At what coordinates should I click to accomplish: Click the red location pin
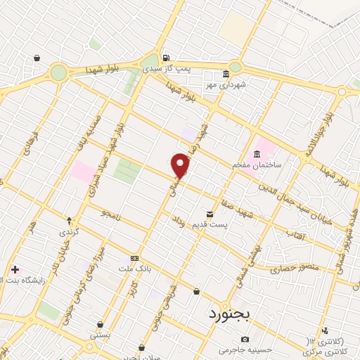click(x=181, y=165)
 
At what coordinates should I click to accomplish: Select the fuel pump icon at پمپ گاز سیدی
click(x=165, y=58)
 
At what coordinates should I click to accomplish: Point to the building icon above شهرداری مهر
click(x=226, y=74)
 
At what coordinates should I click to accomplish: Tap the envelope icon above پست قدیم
click(x=209, y=213)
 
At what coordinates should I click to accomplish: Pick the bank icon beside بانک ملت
click(x=134, y=258)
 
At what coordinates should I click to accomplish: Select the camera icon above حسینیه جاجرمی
click(x=245, y=339)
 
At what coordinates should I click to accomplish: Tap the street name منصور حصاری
click(x=295, y=268)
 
